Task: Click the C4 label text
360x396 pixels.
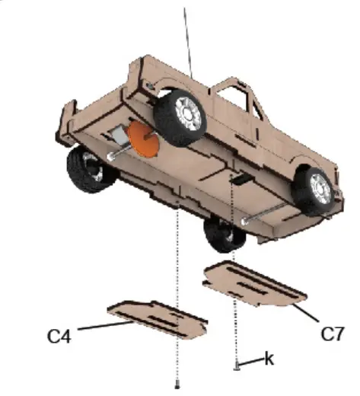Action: click(x=59, y=335)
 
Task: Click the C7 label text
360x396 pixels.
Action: click(x=333, y=333)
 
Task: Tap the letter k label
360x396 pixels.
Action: click(x=269, y=358)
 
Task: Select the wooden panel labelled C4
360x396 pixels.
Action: click(x=157, y=318)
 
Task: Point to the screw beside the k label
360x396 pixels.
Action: click(x=238, y=366)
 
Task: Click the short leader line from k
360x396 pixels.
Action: click(x=253, y=360)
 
